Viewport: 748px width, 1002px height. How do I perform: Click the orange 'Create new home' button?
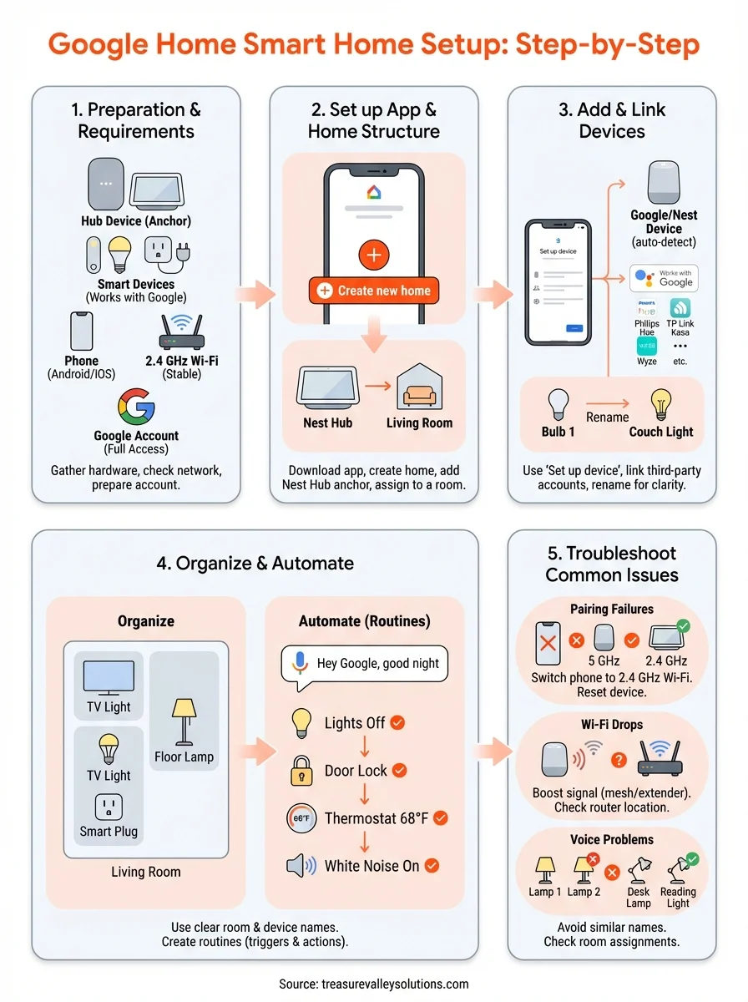374,291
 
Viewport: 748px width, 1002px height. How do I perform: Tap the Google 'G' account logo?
136,407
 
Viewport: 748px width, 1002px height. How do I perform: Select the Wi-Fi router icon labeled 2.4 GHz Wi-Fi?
181,334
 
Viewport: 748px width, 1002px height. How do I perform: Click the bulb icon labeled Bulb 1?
558,405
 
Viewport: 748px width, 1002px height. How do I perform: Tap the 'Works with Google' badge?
664,278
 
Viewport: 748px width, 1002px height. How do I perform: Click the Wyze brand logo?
647,346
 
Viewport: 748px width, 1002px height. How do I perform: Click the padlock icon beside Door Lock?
301,771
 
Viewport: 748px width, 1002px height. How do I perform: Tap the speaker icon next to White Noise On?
301,866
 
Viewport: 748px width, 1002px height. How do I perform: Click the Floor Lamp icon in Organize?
184,721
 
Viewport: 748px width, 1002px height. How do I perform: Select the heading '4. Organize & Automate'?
255,564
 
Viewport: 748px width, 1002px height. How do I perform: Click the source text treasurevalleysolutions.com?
373,984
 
